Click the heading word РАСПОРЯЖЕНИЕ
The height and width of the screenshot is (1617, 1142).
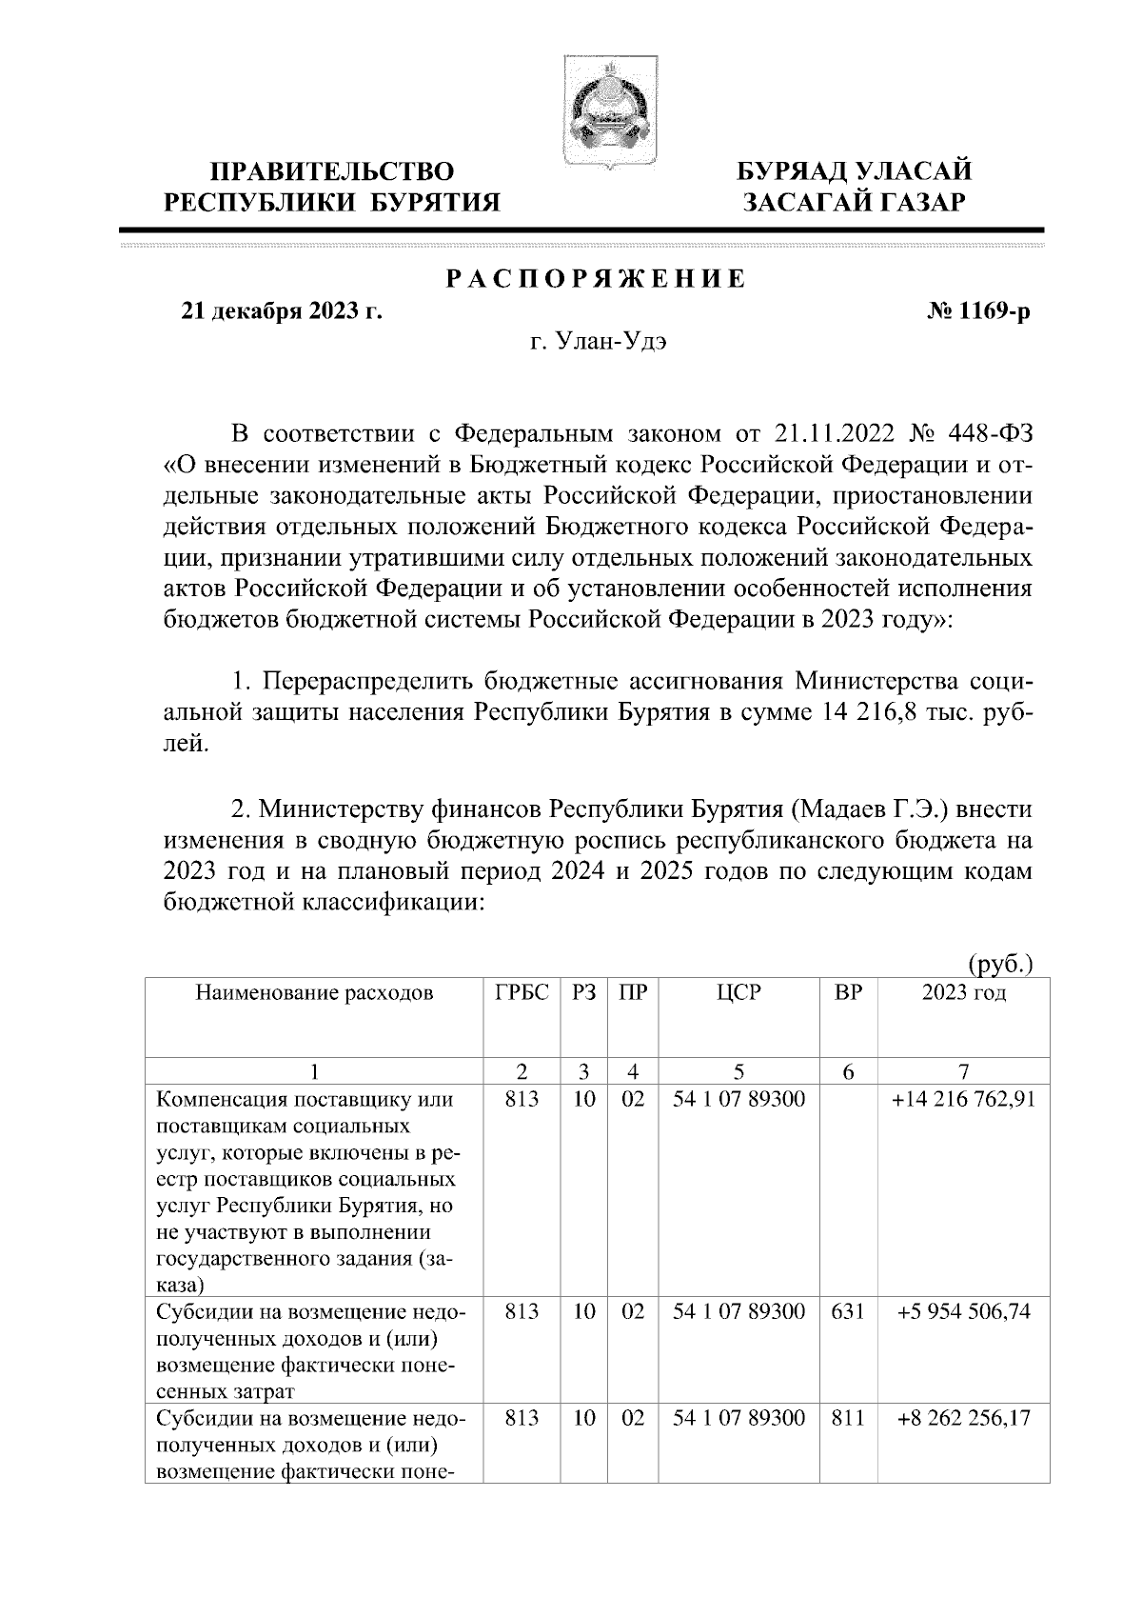coord(596,280)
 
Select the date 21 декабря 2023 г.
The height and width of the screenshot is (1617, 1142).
coord(282,311)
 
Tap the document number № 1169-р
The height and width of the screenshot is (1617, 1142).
coord(977,311)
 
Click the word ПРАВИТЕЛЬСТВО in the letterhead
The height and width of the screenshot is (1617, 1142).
coord(332,172)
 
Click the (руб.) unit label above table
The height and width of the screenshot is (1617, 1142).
coord(999,964)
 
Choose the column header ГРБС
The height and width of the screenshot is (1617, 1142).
coord(522,993)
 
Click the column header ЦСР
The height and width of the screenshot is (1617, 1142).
coord(738,993)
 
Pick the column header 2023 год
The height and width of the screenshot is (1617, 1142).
coord(964,993)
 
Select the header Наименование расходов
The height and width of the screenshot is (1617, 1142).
coord(314,993)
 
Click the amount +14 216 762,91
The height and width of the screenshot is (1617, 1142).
coord(964,1099)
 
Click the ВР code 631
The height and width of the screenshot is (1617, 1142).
coord(848,1311)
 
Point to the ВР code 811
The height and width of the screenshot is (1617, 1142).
coord(848,1417)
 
